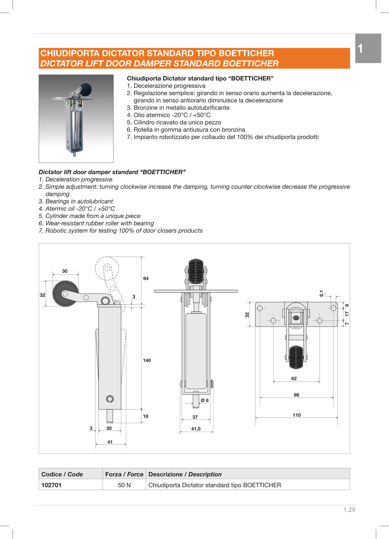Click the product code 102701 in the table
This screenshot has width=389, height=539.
click(x=52, y=485)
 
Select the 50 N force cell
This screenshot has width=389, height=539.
click(x=124, y=485)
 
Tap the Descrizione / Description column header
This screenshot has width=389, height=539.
click(x=185, y=474)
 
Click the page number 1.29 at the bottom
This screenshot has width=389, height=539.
click(x=349, y=509)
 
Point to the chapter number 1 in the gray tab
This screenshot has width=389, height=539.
click(x=361, y=49)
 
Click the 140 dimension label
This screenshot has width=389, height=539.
click(x=147, y=360)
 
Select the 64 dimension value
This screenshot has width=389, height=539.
click(x=146, y=278)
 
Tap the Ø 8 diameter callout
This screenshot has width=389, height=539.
click(x=205, y=400)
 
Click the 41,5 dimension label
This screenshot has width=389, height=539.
click(x=196, y=429)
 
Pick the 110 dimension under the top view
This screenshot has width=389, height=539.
click(x=296, y=415)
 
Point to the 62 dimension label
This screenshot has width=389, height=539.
click(x=294, y=378)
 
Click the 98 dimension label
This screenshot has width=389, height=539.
click(x=296, y=395)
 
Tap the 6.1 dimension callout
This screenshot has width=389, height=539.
click(x=321, y=293)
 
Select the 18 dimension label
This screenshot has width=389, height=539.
click(x=146, y=416)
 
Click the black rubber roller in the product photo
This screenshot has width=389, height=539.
click(x=86, y=89)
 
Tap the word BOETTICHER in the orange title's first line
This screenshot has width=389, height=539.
click(x=246, y=53)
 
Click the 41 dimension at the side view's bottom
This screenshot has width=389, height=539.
click(x=110, y=442)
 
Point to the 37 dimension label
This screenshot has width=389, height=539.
click(x=195, y=417)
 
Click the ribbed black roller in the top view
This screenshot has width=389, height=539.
click(x=296, y=357)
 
